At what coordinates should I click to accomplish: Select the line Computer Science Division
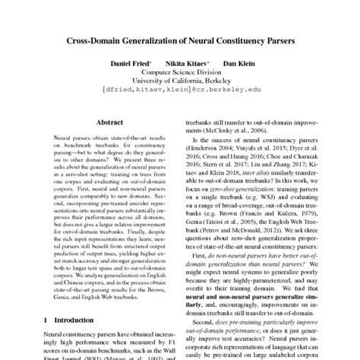coord(179,75)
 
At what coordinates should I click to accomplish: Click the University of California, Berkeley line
coord(179,84)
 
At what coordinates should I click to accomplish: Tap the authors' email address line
coord(179,94)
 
